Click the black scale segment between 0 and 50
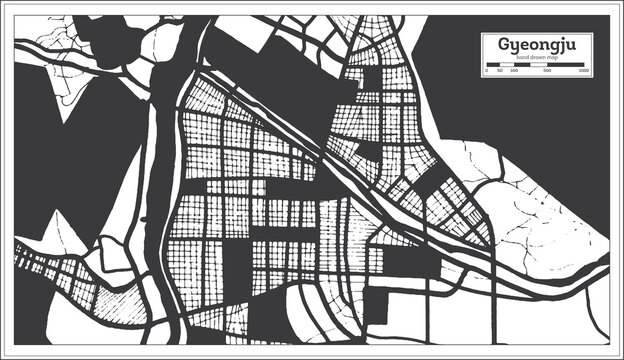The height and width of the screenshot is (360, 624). [x=491, y=66]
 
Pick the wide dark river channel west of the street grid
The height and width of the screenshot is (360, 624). [x=165, y=150]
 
